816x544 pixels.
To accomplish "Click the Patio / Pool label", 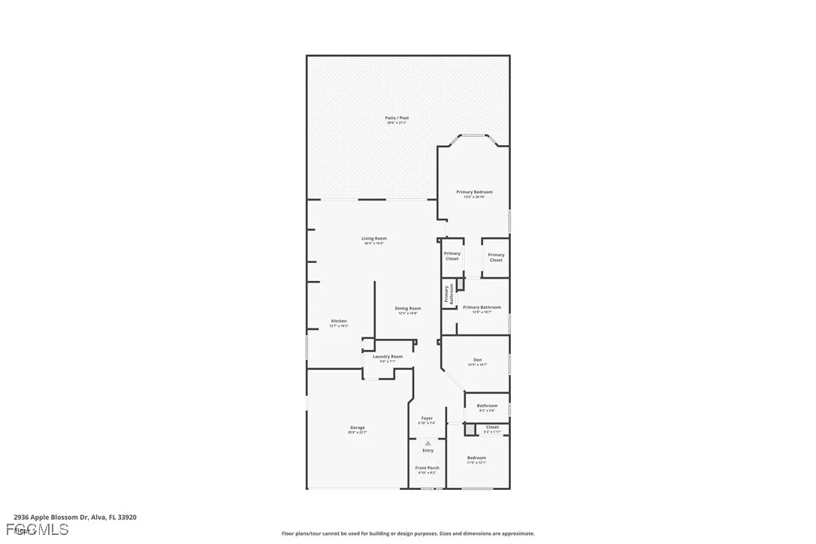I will tap(397, 118).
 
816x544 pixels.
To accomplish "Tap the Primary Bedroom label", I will tap(474, 192).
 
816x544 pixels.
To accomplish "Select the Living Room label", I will tap(373, 239).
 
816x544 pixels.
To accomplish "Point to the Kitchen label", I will tap(339, 321).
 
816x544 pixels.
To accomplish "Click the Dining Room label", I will tap(408, 308).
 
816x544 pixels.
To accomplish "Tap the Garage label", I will tap(357, 428).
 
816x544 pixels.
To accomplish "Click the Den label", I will tap(477, 360).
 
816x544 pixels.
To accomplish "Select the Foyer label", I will tap(427, 419).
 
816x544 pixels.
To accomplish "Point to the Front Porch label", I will tap(428, 468).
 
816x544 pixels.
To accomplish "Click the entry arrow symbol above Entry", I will tap(428, 443).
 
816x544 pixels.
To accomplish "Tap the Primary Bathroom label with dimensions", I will tap(482, 307).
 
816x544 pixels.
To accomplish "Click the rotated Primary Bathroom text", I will tap(446, 294).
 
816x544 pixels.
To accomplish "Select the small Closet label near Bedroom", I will tap(492, 428).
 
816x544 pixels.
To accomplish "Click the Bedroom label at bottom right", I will tap(476, 458).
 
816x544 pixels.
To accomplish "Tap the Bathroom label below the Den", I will tap(487, 406).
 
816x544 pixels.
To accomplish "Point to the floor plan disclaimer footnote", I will tap(408, 533).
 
